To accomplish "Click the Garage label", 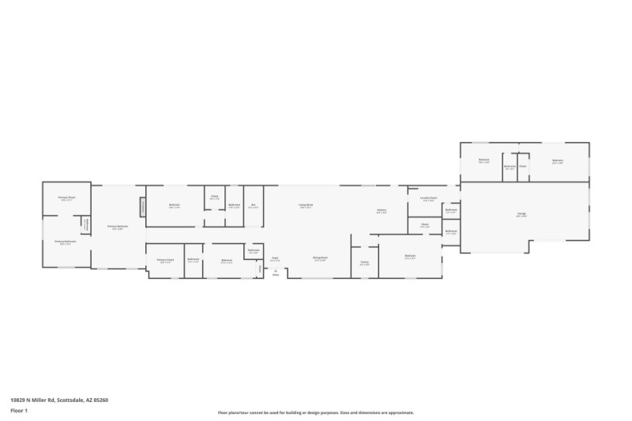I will (x=521, y=214).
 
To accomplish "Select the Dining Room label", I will (x=320, y=258).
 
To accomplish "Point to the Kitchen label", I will (x=381, y=211).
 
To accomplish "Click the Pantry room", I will (x=365, y=264).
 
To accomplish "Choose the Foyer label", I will (x=276, y=258).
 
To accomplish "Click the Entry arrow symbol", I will (x=276, y=273).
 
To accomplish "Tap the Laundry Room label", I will (x=428, y=199).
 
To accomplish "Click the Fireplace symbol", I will (x=143, y=205).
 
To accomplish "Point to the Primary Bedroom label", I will (x=118, y=227).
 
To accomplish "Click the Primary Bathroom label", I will (x=64, y=242).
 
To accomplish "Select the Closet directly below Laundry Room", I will (x=424, y=226).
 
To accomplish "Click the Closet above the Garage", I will (x=522, y=166).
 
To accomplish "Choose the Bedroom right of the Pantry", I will (x=410, y=257).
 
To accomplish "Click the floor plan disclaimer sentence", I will (x=316, y=412).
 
